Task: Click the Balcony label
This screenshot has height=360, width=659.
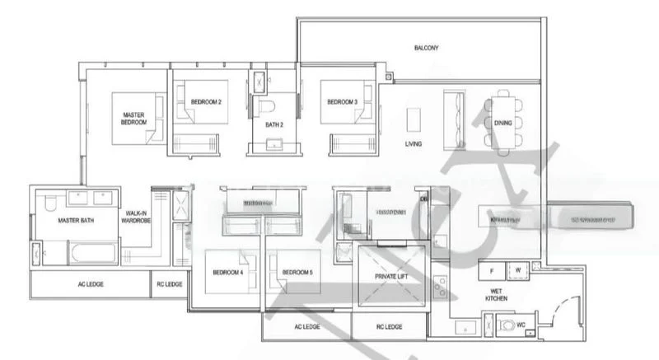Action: point(426,48)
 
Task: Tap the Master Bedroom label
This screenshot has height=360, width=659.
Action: point(134,119)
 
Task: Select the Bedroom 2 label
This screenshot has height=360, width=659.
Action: point(205,102)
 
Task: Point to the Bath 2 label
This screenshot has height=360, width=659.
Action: point(274,125)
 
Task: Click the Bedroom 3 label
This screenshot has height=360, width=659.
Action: point(342,102)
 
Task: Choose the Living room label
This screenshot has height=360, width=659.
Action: point(414,144)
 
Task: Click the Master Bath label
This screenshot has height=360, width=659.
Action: point(73,221)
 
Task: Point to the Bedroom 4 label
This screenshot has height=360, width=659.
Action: point(227,273)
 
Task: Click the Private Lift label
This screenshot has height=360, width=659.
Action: point(391,278)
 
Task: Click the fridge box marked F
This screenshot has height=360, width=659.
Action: point(492,269)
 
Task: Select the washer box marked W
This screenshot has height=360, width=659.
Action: point(518,269)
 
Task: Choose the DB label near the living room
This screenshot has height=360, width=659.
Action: point(423,199)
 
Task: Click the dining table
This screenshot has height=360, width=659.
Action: point(503,124)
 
